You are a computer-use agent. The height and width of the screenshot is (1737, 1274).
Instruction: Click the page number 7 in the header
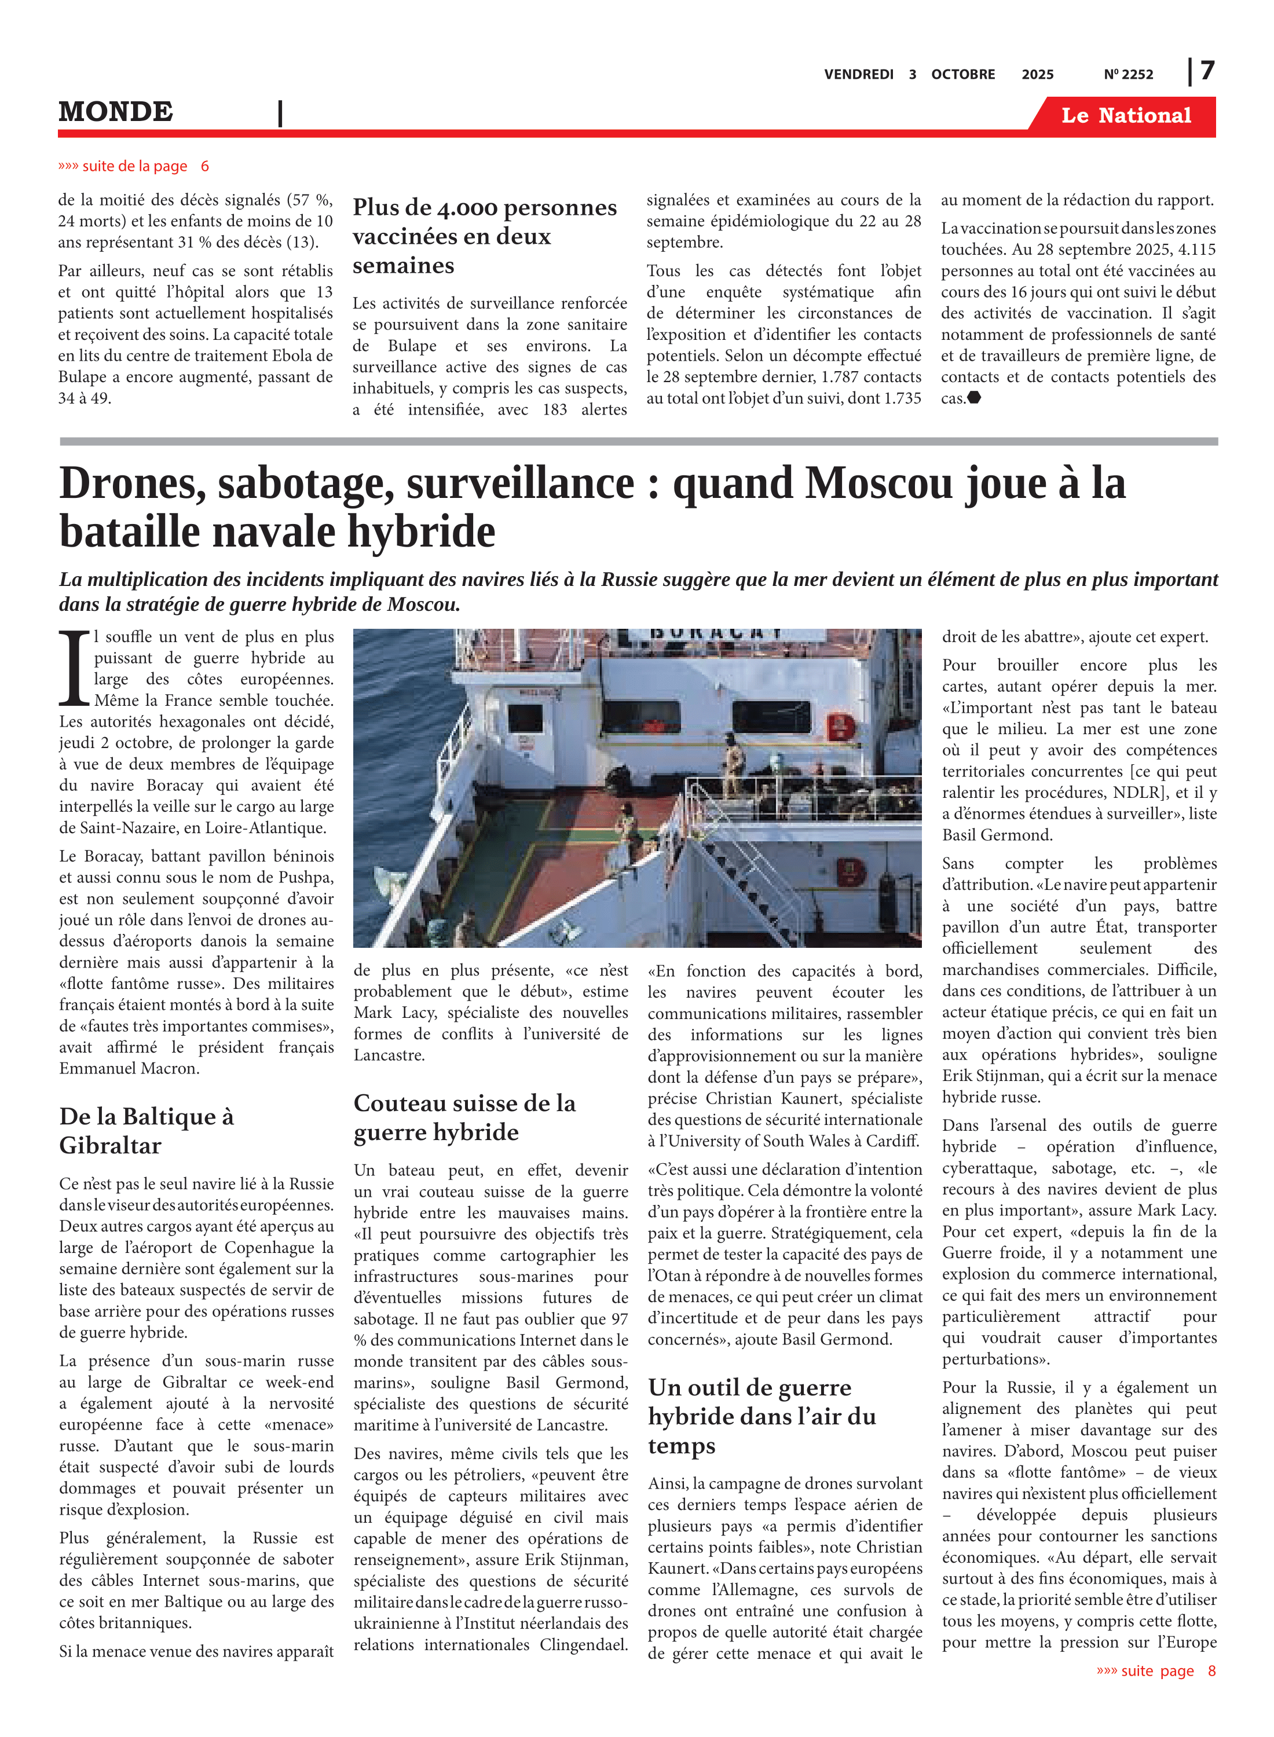1207,71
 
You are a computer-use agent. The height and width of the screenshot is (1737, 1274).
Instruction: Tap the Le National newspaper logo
1125,116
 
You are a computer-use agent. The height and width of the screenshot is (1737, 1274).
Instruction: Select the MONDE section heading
116,112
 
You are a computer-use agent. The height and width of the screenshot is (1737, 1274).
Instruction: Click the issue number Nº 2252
1127,75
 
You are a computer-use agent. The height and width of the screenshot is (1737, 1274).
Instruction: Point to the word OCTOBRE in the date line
962,75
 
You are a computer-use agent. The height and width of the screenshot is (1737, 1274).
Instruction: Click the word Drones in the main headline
132,484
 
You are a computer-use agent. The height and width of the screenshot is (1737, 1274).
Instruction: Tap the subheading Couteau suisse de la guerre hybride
464,1117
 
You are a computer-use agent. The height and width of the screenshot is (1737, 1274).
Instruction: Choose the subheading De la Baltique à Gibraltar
147,1130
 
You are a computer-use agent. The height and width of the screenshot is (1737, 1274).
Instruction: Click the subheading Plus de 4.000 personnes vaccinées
484,236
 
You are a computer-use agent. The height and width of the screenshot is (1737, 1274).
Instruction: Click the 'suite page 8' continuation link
1155,1670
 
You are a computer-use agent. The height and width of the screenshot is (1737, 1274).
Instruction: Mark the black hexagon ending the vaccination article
974,398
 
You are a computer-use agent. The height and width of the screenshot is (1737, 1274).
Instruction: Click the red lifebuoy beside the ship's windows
841,726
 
